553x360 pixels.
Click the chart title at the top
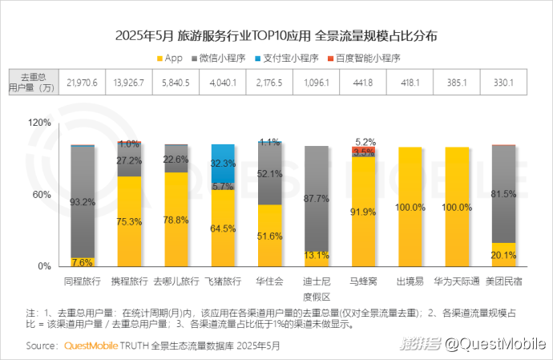click(x=276, y=36)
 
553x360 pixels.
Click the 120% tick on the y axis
click(x=39, y=123)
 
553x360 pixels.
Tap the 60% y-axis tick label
click(x=42, y=195)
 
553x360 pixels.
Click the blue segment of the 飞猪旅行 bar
click(x=223, y=163)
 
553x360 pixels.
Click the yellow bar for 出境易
click(x=410, y=207)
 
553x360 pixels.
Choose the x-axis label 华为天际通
click(x=456, y=282)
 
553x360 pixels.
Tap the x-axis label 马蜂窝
click(x=363, y=282)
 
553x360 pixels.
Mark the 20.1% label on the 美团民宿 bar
click(x=503, y=255)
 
